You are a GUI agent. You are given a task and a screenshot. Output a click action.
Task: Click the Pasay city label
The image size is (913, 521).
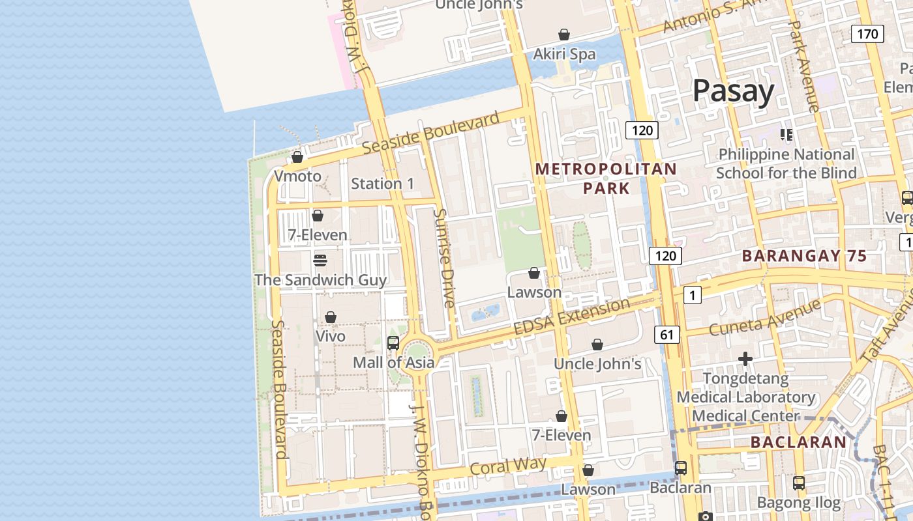[x=733, y=91]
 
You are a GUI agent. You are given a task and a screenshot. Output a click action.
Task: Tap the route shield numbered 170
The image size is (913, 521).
[x=867, y=33]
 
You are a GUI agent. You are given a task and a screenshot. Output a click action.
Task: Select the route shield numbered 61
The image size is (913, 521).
[x=666, y=335]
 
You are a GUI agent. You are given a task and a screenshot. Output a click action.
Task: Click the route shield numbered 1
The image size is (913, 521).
[x=692, y=296]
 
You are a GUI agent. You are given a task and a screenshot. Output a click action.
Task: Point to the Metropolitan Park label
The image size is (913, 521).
[x=606, y=178]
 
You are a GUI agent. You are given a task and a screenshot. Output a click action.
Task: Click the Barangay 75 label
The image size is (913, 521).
[x=805, y=256]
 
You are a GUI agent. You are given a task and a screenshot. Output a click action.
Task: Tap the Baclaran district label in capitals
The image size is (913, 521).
[x=798, y=442]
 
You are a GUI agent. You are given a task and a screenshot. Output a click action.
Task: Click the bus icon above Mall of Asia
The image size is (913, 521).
[x=393, y=343]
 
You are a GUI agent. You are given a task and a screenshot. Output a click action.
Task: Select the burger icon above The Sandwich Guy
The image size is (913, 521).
[x=320, y=260]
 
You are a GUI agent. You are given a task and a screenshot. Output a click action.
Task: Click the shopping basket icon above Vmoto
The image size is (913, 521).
[x=297, y=157]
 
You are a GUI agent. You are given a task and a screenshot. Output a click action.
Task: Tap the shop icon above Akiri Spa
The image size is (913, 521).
[x=564, y=35]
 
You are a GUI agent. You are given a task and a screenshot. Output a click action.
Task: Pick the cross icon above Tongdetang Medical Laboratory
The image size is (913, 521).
[x=745, y=359]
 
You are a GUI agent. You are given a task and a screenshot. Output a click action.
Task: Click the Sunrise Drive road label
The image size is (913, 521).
[x=444, y=258]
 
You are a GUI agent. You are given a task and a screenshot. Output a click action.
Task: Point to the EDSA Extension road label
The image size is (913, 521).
[x=572, y=317]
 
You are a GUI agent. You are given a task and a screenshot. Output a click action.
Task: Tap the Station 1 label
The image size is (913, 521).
[x=382, y=184]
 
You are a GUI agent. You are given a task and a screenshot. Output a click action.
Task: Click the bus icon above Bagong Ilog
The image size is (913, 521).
[x=799, y=483]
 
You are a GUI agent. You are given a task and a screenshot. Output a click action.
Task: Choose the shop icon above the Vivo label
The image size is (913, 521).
[x=331, y=317]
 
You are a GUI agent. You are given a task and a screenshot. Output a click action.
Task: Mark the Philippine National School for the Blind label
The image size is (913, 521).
[x=786, y=163]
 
